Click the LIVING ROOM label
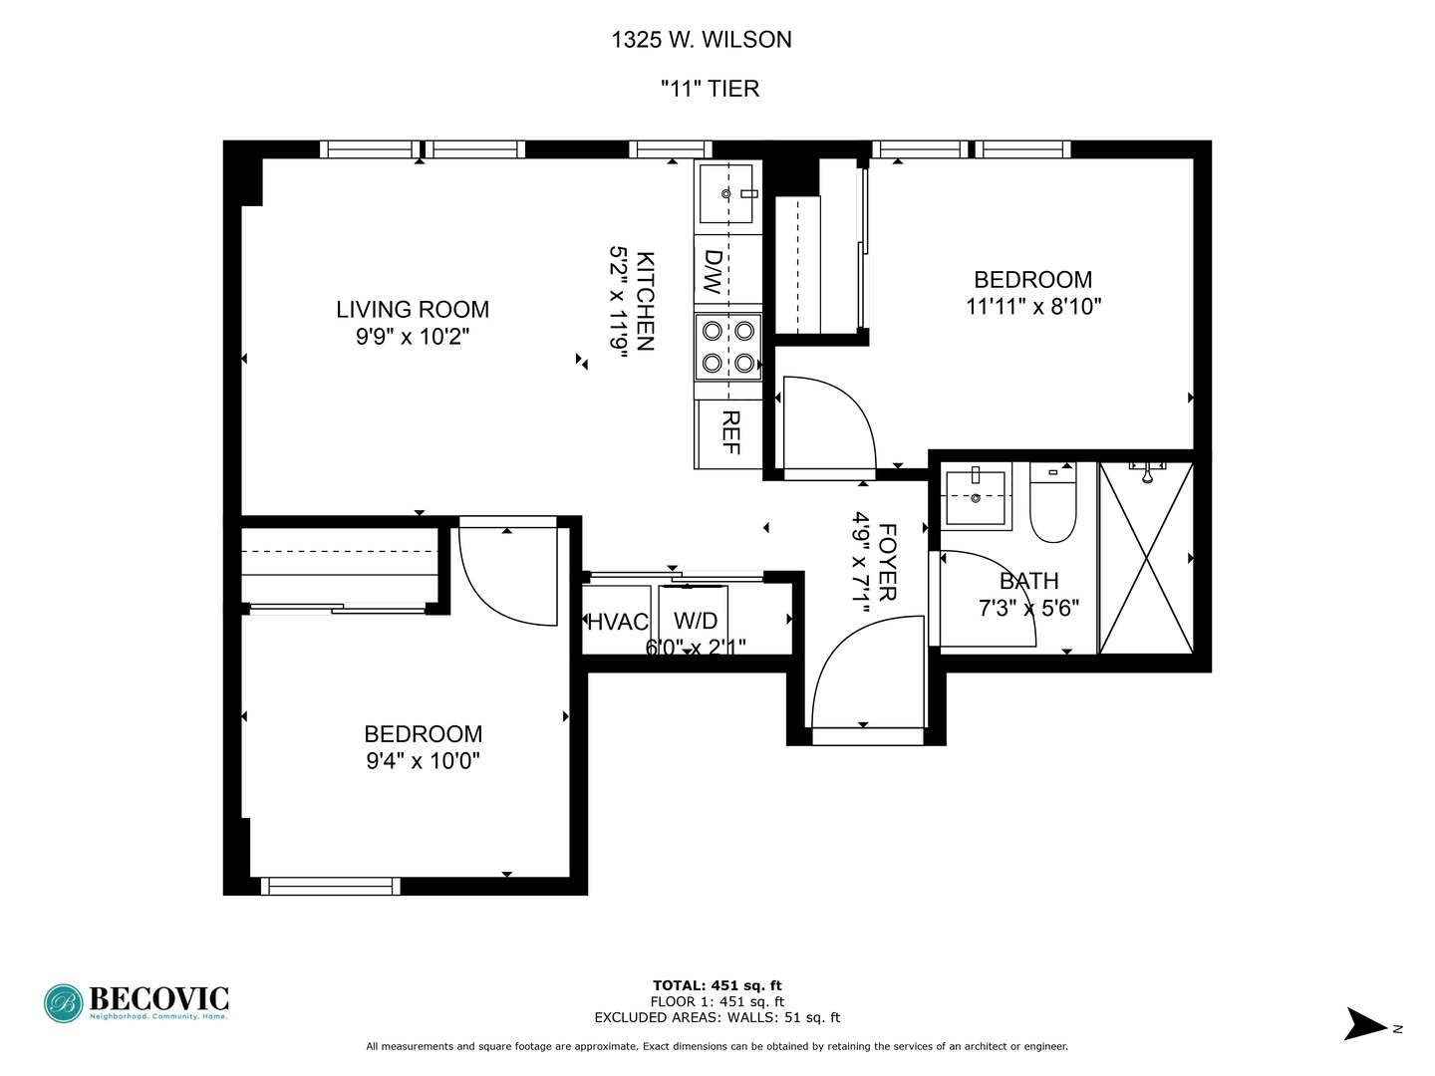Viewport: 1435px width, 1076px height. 413,310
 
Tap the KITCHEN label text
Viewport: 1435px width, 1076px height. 645,301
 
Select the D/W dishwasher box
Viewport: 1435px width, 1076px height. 714,270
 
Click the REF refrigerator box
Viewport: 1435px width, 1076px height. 729,432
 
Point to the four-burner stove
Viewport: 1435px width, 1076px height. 727,346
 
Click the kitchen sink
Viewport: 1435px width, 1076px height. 726,194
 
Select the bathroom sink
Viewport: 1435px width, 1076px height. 976,495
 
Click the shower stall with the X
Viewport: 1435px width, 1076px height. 1146,558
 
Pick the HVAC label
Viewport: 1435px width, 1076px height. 618,622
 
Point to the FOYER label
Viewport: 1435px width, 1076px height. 887,563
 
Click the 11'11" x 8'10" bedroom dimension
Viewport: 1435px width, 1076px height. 1033,307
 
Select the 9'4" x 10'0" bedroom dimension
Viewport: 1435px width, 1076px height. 424,761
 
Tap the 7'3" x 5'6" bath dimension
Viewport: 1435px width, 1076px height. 1028,608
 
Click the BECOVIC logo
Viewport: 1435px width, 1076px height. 137,1002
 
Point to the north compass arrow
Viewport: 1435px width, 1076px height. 1366,1024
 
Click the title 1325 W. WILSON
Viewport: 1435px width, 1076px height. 702,40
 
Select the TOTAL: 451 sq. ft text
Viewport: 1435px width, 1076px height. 717,985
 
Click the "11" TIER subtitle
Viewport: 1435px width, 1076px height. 710,89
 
